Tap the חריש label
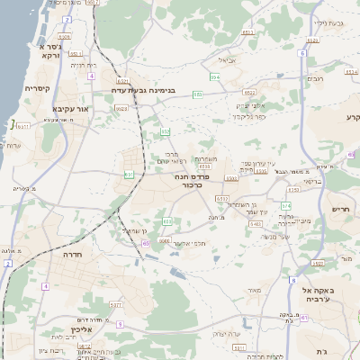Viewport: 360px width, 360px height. [x=340, y=209]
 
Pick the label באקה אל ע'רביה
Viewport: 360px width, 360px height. [x=319, y=295]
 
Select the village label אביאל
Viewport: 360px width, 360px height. [x=228, y=61]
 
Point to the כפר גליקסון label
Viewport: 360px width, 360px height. [x=248, y=116]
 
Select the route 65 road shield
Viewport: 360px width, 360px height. [x=145, y=243]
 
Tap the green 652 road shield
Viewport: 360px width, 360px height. [x=165, y=132]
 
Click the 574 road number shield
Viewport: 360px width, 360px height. [x=286, y=206]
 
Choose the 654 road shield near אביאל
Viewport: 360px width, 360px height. [x=214, y=78]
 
